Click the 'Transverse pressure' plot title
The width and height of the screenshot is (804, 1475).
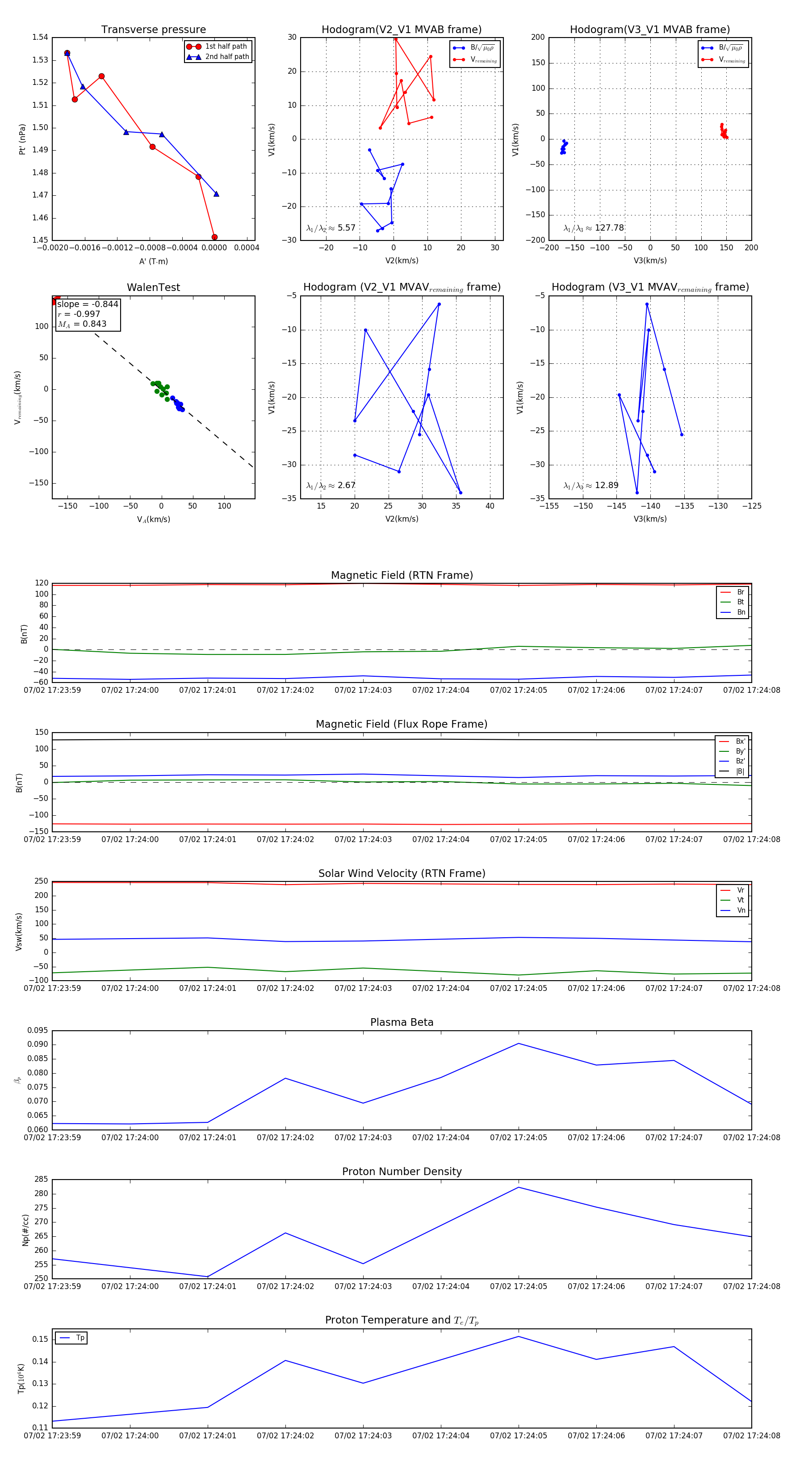(x=153, y=30)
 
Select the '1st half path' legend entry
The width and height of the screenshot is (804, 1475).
(x=226, y=46)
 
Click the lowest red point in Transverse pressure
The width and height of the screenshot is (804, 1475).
(x=214, y=237)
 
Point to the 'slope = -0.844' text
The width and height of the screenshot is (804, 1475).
(x=88, y=304)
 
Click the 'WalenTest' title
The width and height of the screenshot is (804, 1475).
(x=153, y=287)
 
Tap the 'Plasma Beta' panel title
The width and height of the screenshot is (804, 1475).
(x=402, y=1022)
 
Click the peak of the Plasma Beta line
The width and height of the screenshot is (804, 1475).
(x=519, y=1043)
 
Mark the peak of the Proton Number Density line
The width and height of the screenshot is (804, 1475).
(x=519, y=1187)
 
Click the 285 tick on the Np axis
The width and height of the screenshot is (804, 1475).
(x=41, y=1179)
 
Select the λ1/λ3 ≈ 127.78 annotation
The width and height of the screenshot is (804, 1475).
(x=594, y=228)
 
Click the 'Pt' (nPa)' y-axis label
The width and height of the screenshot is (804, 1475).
(x=22, y=139)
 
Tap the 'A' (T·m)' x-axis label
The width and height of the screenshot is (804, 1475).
(x=153, y=261)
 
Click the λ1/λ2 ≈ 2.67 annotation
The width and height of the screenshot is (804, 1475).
(x=331, y=485)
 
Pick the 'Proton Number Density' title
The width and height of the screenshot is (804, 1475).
(x=402, y=1172)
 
